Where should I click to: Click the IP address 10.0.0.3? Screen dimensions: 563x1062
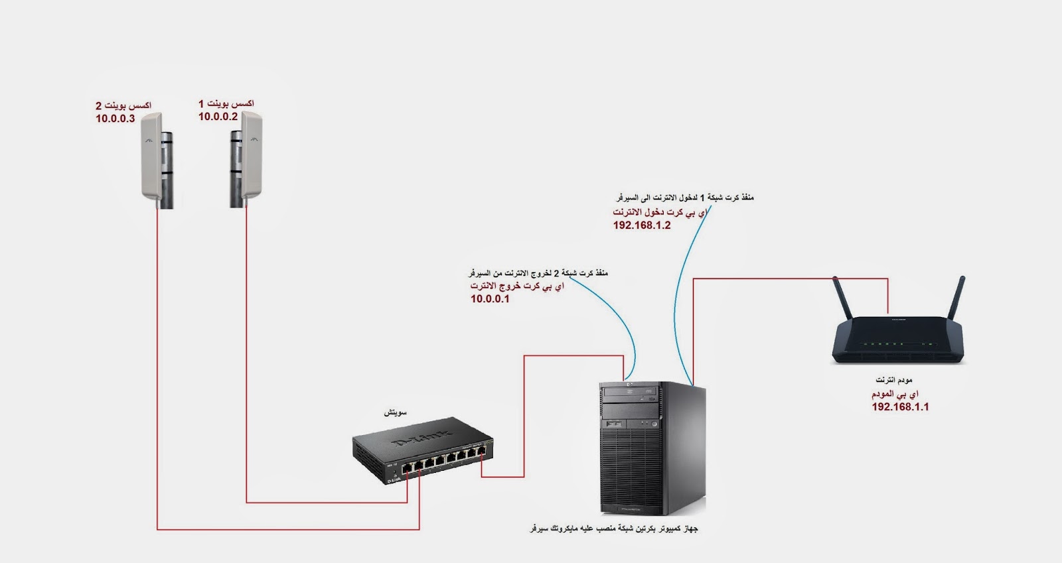[x=115, y=119]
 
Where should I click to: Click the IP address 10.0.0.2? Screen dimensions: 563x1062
[x=218, y=117]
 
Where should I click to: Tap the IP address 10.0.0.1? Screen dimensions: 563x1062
[x=490, y=299]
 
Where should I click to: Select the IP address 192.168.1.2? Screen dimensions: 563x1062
[x=641, y=225]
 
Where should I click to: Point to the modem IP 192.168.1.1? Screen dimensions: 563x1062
[x=900, y=407]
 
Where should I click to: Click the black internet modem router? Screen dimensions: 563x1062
[x=895, y=338]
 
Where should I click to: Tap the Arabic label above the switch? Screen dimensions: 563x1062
[x=396, y=412]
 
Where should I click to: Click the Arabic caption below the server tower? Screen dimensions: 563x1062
[x=614, y=529]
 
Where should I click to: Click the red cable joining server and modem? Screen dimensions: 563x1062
[x=790, y=279]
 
